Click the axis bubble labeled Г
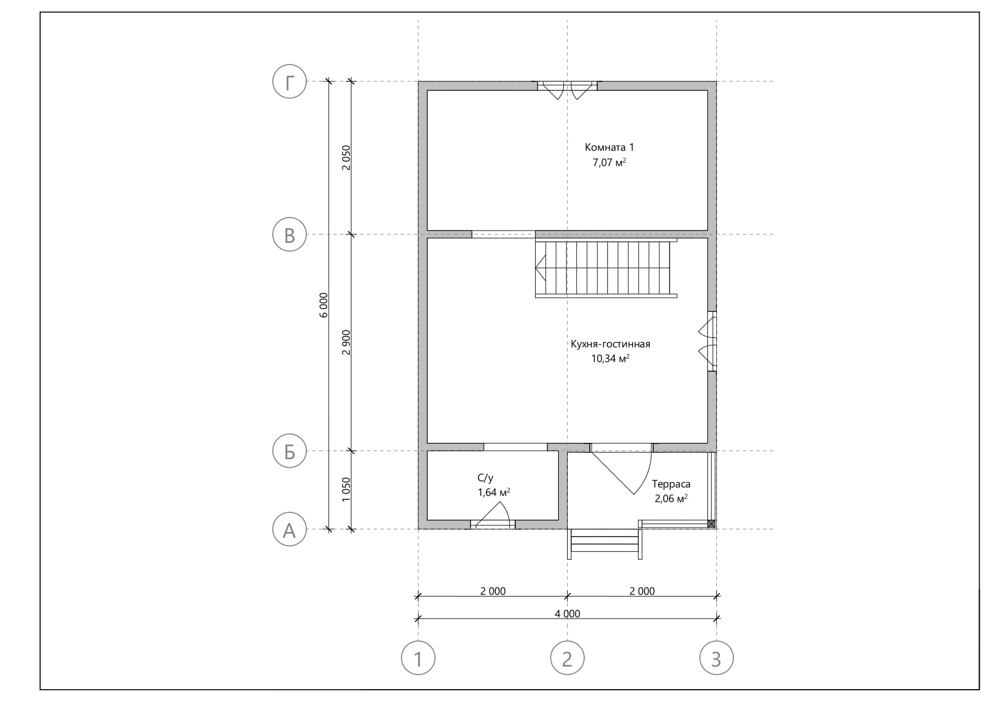point(289,81)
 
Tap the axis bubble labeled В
point(289,234)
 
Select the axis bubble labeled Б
point(289,451)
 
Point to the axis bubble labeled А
point(289,529)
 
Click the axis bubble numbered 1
point(418,658)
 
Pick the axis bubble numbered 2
point(567,658)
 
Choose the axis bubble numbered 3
point(716,658)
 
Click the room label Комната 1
point(609,147)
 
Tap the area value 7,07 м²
point(609,163)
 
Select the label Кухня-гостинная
point(610,344)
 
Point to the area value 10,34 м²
point(610,359)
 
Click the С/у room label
point(485,478)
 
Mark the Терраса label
point(671,484)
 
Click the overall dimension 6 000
point(323,305)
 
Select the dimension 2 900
point(346,342)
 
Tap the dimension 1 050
point(346,490)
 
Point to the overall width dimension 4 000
point(567,613)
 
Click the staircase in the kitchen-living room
point(606,268)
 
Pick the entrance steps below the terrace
point(605,544)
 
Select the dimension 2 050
point(346,158)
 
